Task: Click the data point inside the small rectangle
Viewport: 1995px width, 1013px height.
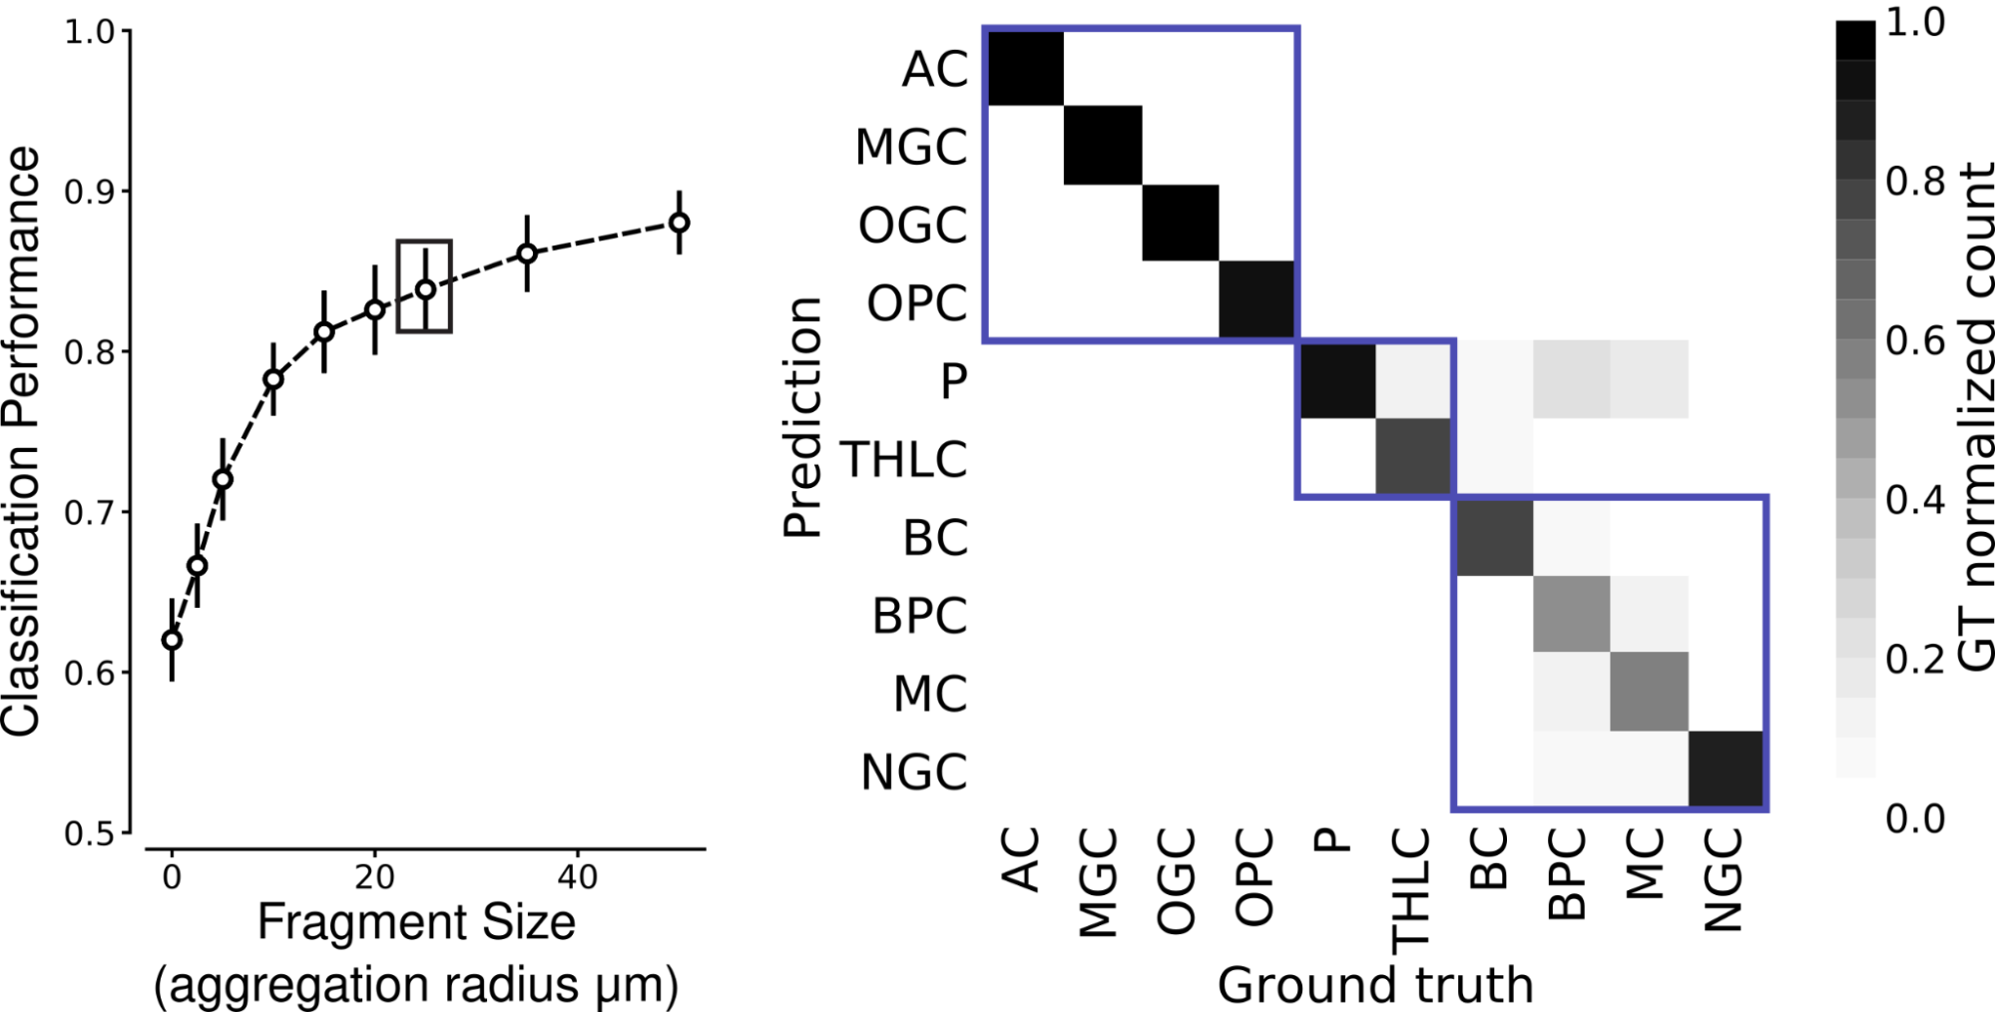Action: point(425,289)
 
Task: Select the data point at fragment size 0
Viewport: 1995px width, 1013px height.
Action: point(172,640)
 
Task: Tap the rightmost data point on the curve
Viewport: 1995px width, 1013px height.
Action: point(679,223)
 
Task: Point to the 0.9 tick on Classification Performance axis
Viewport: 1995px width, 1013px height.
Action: point(89,192)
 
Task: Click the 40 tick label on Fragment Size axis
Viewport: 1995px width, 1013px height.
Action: point(577,877)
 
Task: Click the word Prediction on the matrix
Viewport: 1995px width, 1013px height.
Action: point(802,417)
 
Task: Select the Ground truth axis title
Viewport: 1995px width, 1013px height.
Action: point(1374,985)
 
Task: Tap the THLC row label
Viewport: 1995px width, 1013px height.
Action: point(904,460)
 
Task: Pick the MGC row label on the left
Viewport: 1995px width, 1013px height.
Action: point(911,148)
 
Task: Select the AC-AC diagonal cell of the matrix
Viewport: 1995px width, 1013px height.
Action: point(1025,67)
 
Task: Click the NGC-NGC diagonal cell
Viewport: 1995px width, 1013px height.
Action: point(1727,769)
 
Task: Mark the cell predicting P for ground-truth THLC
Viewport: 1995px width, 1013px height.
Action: point(1414,380)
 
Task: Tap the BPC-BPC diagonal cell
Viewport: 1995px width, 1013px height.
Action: point(1571,614)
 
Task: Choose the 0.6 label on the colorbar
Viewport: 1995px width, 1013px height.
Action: point(1915,341)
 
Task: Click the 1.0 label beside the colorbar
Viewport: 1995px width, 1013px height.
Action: point(1915,23)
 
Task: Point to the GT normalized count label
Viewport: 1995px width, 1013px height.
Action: point(1973,417)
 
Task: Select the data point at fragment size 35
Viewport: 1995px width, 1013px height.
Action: point(527,253)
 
